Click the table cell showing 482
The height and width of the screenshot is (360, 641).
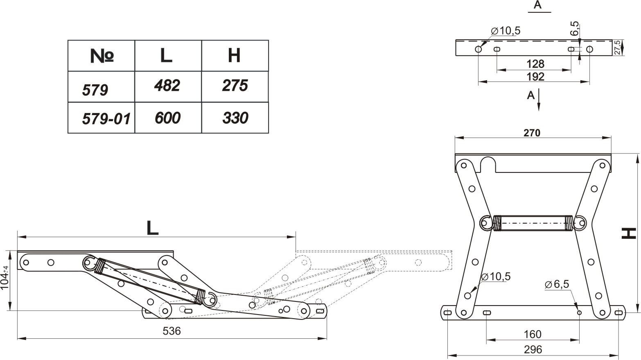(x=167, y=86)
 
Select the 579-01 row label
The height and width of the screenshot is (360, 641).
(x=106, y=119)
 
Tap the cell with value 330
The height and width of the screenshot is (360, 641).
(x=235, y=118)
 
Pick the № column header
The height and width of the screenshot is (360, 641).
(x=102, y=56)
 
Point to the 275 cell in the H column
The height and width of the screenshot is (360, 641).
(x=235, y=86)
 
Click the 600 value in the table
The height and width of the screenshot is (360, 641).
(x=167, y=118)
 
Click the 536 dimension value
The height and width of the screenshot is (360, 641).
(x=172, y=331)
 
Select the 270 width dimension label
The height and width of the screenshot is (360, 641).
(x=532, y=133)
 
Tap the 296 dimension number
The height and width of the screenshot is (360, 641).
(x=533, y=349)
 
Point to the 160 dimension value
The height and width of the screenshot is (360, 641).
(x=533, y=334)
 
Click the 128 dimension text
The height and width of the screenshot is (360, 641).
(x=535, y=64)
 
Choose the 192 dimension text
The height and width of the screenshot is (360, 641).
(x=535, y=77)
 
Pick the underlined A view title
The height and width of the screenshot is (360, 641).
(x=537, y=5)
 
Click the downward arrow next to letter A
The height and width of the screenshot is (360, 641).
(x=539, y=102)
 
